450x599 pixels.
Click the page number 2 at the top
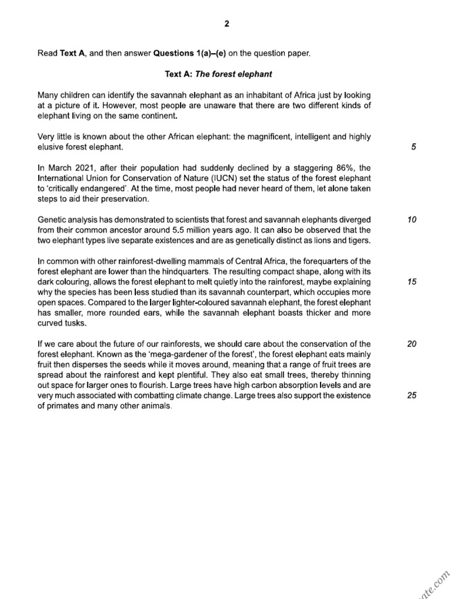(227, 24)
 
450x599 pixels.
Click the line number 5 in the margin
(413, 147)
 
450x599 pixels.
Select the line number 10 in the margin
(412, 220)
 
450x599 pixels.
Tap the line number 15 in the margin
(412, 282)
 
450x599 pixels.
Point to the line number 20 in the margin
(412, 344)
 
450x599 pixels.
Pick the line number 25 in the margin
(412, 395)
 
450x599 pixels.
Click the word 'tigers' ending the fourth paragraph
(357, 240)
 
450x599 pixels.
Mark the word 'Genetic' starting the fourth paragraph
(52, 220)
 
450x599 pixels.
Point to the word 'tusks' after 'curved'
(76, 323)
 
